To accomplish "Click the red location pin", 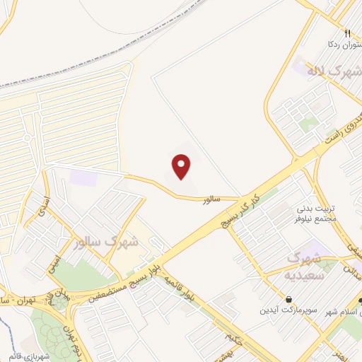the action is (182, 167).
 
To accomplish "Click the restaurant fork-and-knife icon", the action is (347, 33).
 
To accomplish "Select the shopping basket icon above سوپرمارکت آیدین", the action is (289, 300).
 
